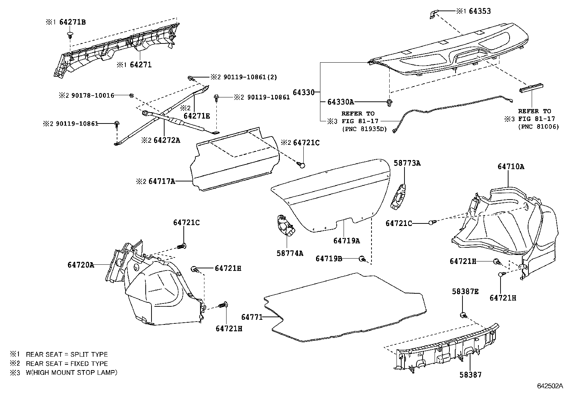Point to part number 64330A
341,102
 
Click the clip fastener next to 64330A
389,102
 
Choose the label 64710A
511,167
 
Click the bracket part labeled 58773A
399,197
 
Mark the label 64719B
329,258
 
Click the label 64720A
80,265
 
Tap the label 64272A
166,140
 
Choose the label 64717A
162,181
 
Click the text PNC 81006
538,126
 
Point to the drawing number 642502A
550,386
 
